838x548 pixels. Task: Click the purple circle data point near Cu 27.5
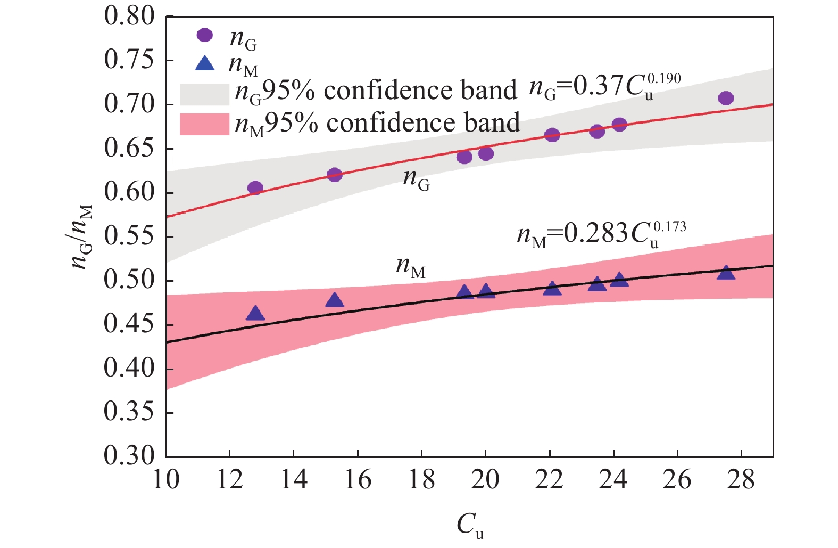coord(726,98)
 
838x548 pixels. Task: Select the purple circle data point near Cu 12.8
coord(255,187)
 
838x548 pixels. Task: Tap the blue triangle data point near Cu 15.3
coord(334,300)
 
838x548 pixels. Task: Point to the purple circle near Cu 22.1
coord(552,135)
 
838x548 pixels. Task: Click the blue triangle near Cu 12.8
coord(255,314)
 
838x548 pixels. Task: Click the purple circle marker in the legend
coord(204,35)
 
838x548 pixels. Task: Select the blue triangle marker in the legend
coord(205,64)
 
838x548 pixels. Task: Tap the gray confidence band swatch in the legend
coord(204,94)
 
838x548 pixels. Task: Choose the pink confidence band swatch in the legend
coord(204,124)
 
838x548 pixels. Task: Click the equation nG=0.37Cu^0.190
coord(604,87)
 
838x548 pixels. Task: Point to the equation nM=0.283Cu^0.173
coord(601,234)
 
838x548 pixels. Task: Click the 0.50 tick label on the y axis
coord(129,281)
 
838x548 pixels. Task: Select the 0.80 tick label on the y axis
coord(129,17)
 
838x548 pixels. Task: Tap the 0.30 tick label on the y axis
coord(129,456)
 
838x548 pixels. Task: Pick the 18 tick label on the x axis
coord(421,480)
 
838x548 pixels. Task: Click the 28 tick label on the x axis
coord(741,480)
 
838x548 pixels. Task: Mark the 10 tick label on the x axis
coord(166,480)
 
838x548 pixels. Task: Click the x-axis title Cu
coord(470,525)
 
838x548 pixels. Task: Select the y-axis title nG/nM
coord(82,236)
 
